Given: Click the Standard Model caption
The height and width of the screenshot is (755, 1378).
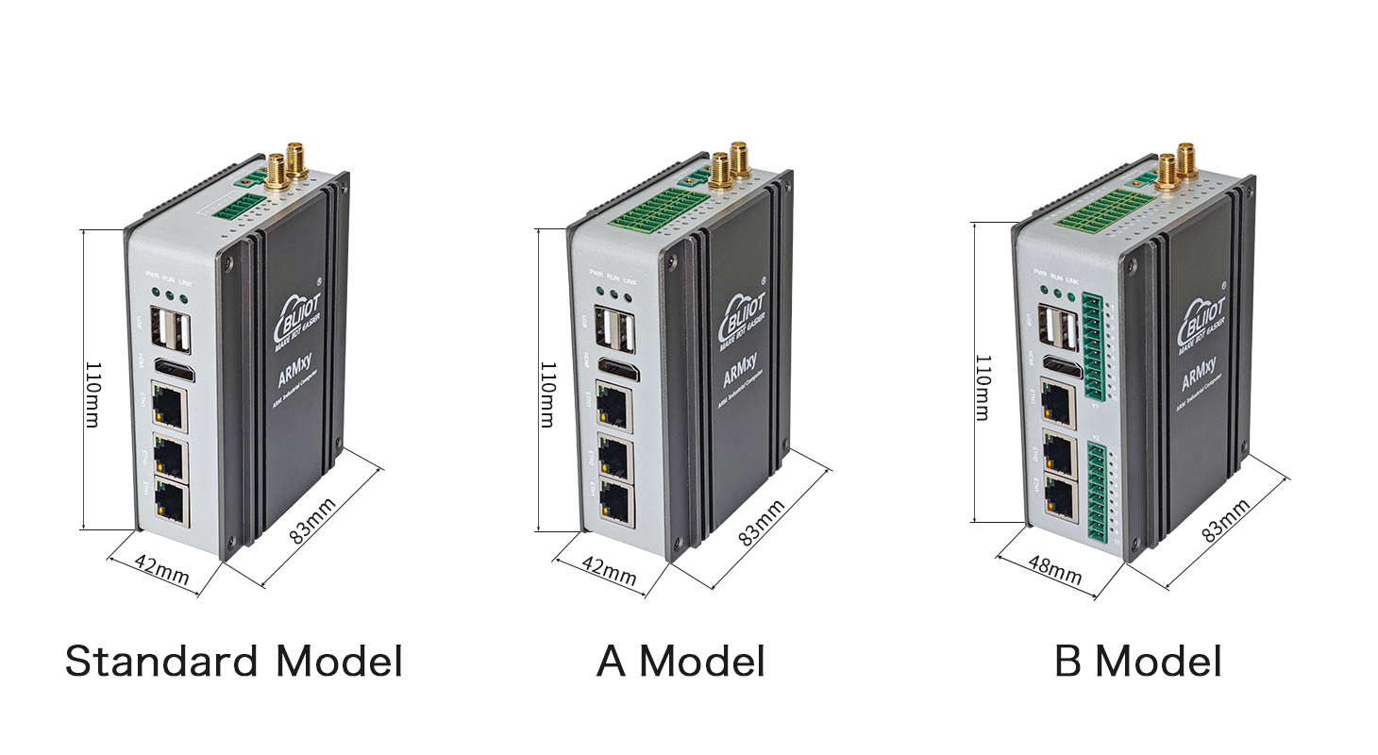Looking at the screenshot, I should point(233,662).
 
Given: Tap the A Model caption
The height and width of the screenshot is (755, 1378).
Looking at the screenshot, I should point(681,662).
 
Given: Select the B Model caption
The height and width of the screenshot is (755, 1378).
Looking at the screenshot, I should point(1137,662).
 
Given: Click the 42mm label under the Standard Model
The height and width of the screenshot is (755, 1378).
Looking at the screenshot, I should point(161,570).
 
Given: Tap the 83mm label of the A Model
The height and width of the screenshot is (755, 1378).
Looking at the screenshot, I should point(762,522).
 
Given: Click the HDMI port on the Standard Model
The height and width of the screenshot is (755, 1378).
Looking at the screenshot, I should point(173,370).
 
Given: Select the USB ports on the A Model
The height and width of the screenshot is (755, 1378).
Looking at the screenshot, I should point(620,334).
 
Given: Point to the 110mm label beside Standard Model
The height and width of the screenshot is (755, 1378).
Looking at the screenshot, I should point(92,394).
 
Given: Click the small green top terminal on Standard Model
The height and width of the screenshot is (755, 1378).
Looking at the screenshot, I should point(232,208).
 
